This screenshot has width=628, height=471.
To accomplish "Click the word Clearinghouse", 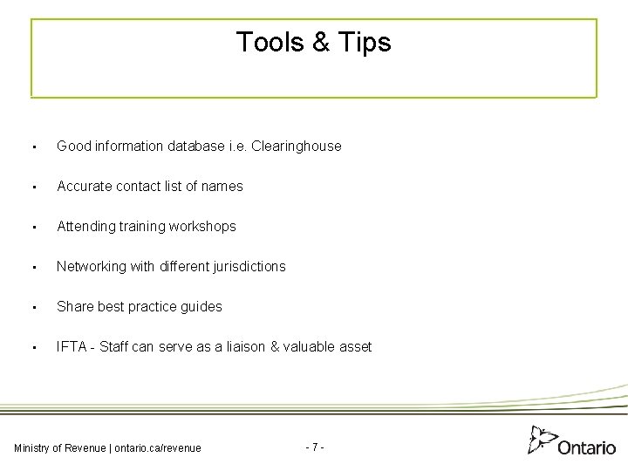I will pyautogui.click(x=296, y=147).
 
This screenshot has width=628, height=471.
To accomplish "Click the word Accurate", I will pyautogui.click(x=83, y=186).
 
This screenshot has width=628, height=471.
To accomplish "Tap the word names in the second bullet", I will pyautogui.click(x=223, y=186).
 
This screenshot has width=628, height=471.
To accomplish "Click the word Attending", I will pyautogui.click(x=86, y=226).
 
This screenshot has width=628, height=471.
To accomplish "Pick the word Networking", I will pyautogui.click(x=92, y=266).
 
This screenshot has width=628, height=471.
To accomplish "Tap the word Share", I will pyautogui.click(x=73, y=306).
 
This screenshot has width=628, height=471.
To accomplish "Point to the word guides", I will pyautogui.click(x=202, y=306).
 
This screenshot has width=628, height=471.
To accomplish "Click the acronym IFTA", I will pyautogui.click(x=72, y=346).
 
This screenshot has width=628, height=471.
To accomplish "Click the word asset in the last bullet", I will pyautogui.click(x=353, y=346).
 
